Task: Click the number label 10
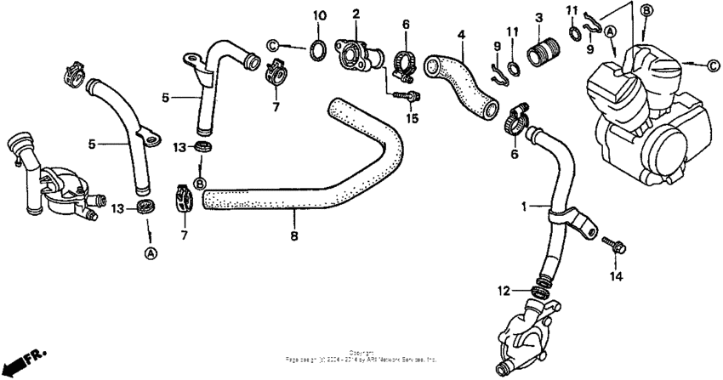319,16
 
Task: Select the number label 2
356,14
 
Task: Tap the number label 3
538,18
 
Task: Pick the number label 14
616,276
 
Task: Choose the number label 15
413,117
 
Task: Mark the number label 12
504,292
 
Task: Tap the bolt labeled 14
613,244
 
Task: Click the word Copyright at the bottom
361,352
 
